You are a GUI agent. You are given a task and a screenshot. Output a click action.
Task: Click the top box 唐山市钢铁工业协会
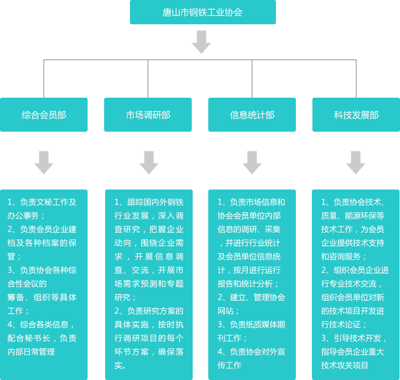(202, 12)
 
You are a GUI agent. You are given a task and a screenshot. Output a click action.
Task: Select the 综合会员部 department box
(44, 115)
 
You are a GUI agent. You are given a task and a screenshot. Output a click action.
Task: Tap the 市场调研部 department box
(148, 115)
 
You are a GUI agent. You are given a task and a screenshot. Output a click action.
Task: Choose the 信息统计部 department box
(252, 115)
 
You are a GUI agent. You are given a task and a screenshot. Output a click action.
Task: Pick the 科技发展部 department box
(356, 115)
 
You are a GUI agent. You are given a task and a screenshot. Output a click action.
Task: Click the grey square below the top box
(201, 42)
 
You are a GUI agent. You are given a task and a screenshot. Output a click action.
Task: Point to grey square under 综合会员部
(44, 163)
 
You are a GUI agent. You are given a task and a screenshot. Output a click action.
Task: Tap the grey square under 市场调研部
(149, 163)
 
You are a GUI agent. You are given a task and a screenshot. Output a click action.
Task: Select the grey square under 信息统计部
(252, 163)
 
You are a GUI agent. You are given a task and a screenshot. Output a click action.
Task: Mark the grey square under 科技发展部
(356, 163)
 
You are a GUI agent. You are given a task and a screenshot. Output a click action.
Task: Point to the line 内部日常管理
(31, 352)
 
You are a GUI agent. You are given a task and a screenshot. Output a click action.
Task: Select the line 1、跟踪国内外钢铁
(149, 202)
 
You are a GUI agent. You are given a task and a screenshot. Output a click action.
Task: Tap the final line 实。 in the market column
(121, 365)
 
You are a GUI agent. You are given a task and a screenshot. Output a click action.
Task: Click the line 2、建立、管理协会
(251, 297)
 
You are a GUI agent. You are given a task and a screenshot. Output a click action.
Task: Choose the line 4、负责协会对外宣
(251, 352)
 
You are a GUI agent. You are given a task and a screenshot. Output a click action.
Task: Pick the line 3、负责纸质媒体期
(251, 325)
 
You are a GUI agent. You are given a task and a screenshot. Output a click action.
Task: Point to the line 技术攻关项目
(345, 365)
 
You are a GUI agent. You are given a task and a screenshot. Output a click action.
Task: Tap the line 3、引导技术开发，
(354, 338)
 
